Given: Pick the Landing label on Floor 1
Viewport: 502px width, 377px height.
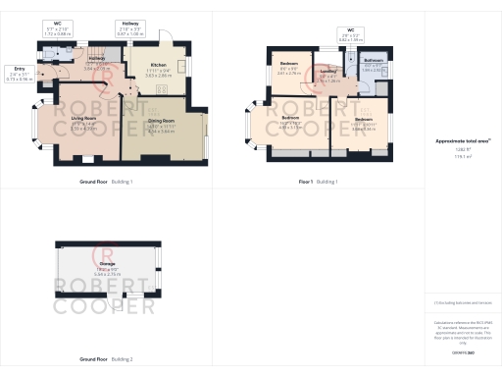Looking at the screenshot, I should coord(329,72).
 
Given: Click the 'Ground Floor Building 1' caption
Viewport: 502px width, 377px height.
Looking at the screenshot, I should coord(106,182).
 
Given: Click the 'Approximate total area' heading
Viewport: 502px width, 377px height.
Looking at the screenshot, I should coord(463,141).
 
